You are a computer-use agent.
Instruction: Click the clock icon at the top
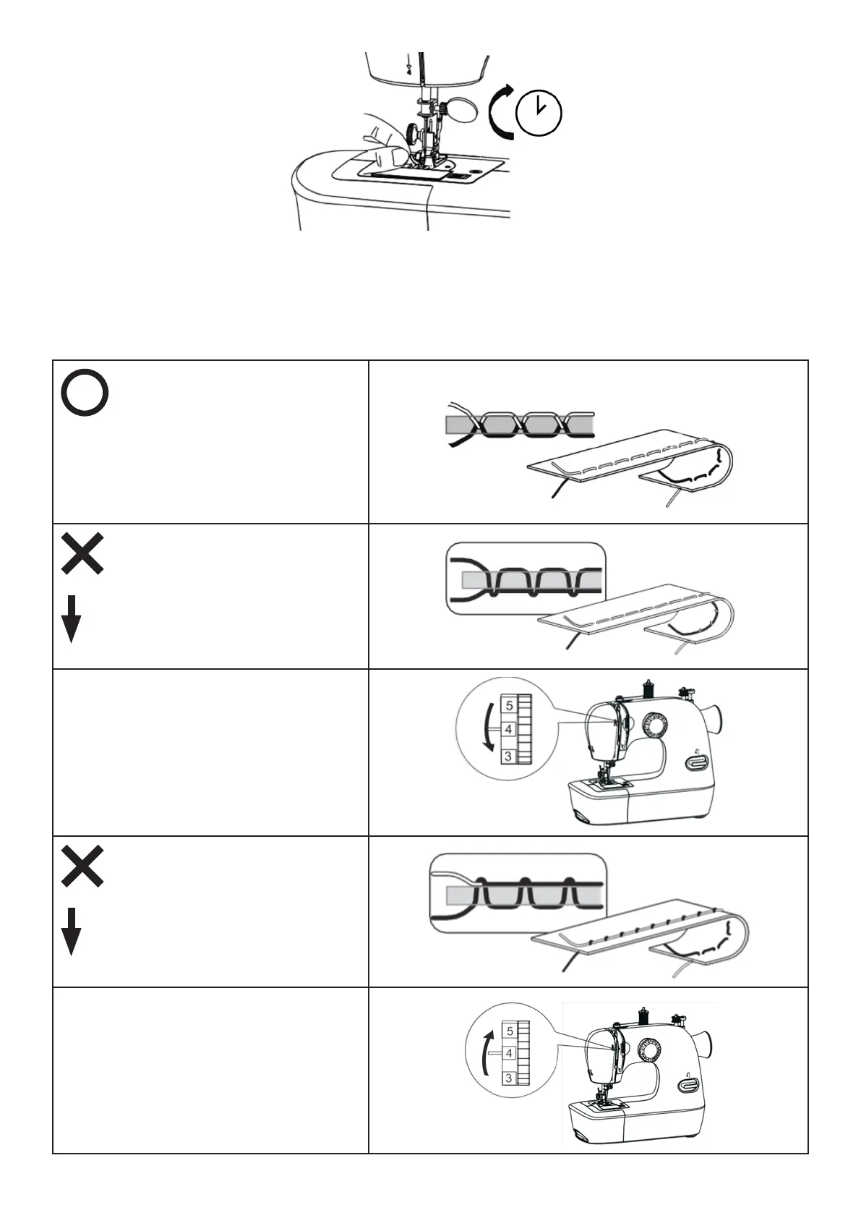(x=539, y=114)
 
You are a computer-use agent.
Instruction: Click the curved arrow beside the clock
(x=500, y=112)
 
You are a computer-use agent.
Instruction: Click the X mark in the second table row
(x=82, y=554)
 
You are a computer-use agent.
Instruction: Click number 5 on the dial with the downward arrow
(x=510, y=705)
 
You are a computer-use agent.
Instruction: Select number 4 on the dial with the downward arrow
(x=509, y=730)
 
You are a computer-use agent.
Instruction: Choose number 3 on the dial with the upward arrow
(x=509, y=1078)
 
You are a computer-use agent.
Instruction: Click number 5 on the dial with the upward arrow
(x=510, y=1031)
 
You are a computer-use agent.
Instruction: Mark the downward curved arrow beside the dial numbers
(x=489, y=731)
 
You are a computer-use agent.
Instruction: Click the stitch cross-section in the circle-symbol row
(x=521, y=425)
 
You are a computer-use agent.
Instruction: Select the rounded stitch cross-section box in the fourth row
(x=518, y=894)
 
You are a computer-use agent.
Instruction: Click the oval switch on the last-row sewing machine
(x=687, y=1085)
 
